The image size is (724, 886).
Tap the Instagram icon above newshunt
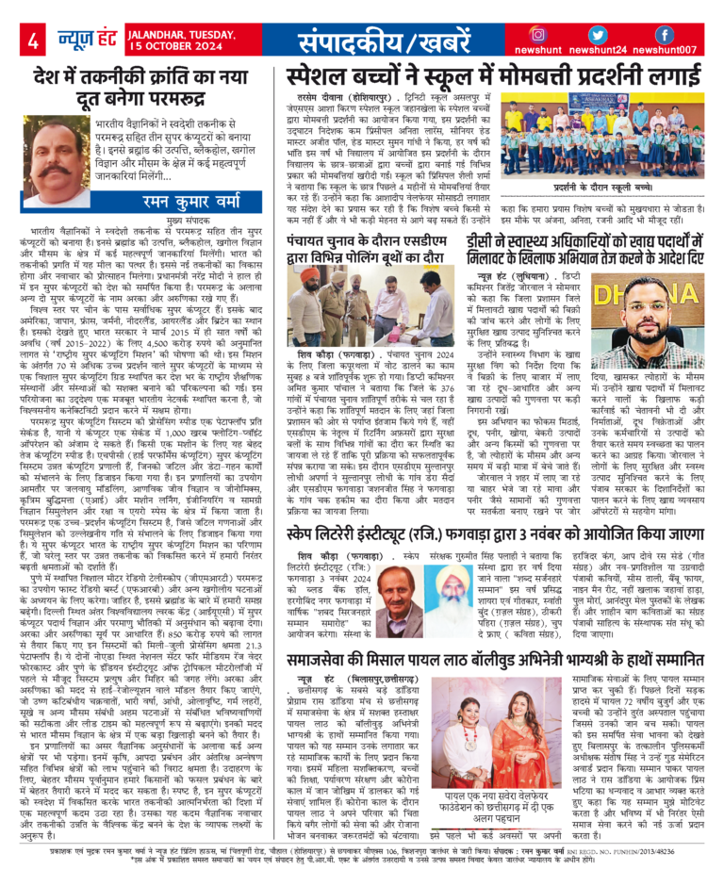coord(538,35)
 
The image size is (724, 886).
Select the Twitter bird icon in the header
coord(603,35)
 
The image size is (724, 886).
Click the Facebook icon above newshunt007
coord(665,35)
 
